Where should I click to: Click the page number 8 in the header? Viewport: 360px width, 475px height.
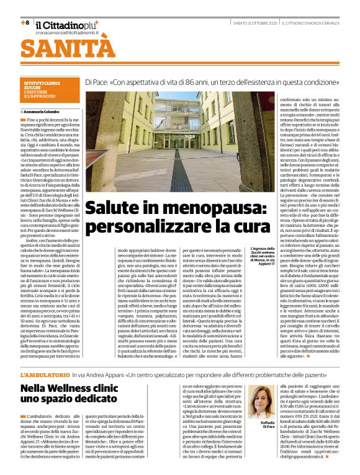click(25, 22)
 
